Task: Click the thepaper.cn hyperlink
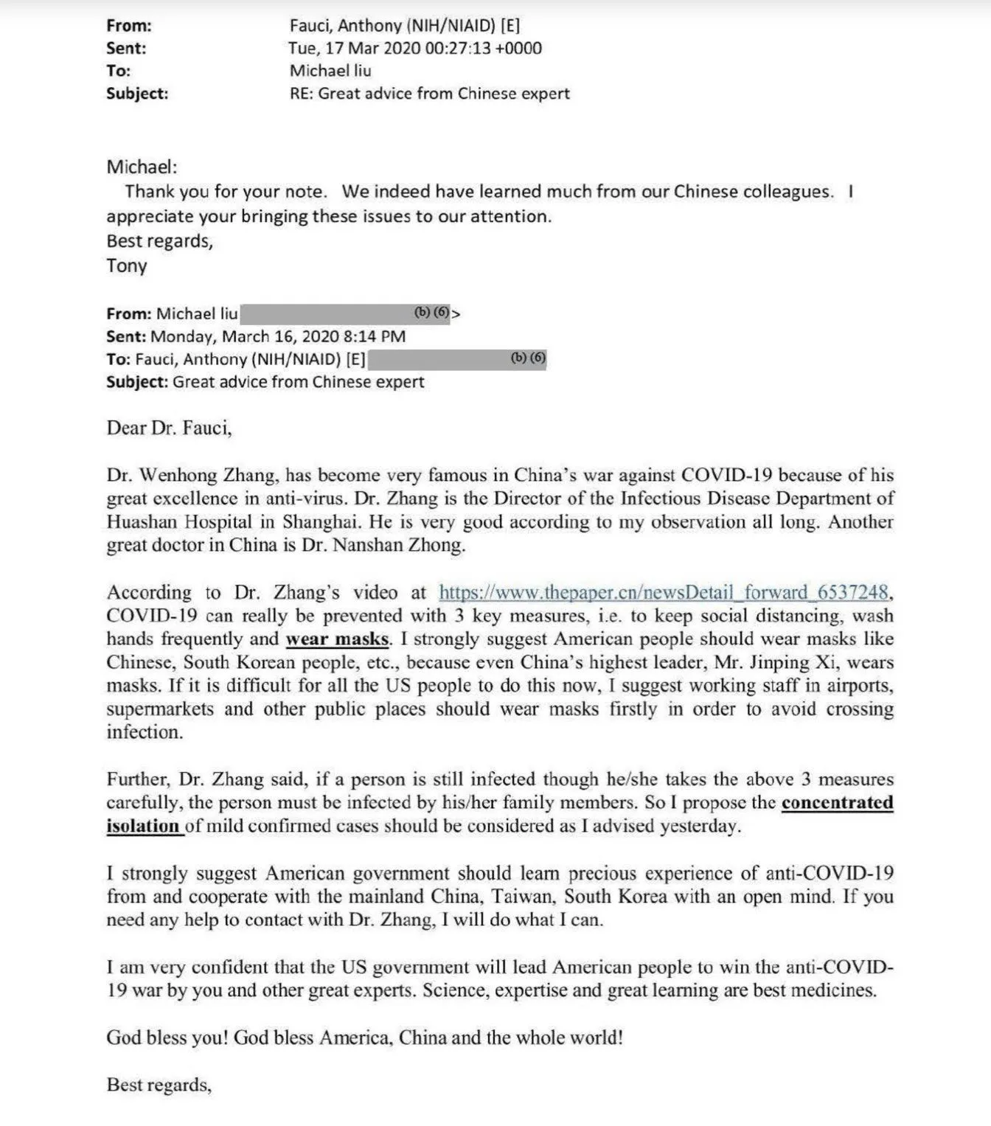tap(664, 592)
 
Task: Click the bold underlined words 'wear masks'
tap(337, 639)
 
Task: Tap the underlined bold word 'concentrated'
tap(837, 802)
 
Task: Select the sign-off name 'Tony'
tap(127, 265)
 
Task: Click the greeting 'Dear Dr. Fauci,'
tap(169, 428)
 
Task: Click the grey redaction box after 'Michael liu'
tap(345, 313)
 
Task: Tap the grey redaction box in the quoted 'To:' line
tap(456, 359)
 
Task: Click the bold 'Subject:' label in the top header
tap(137, 94)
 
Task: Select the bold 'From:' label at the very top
tap(129, 26)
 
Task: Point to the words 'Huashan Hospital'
tap(179, 522)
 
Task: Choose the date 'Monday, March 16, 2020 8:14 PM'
tap(278, 336)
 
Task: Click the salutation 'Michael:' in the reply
tap(142, 167)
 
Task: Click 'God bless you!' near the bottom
tap(167, 1038)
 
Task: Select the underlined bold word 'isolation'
tap(142, 826)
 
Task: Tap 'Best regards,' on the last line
tap(159, 1085)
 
